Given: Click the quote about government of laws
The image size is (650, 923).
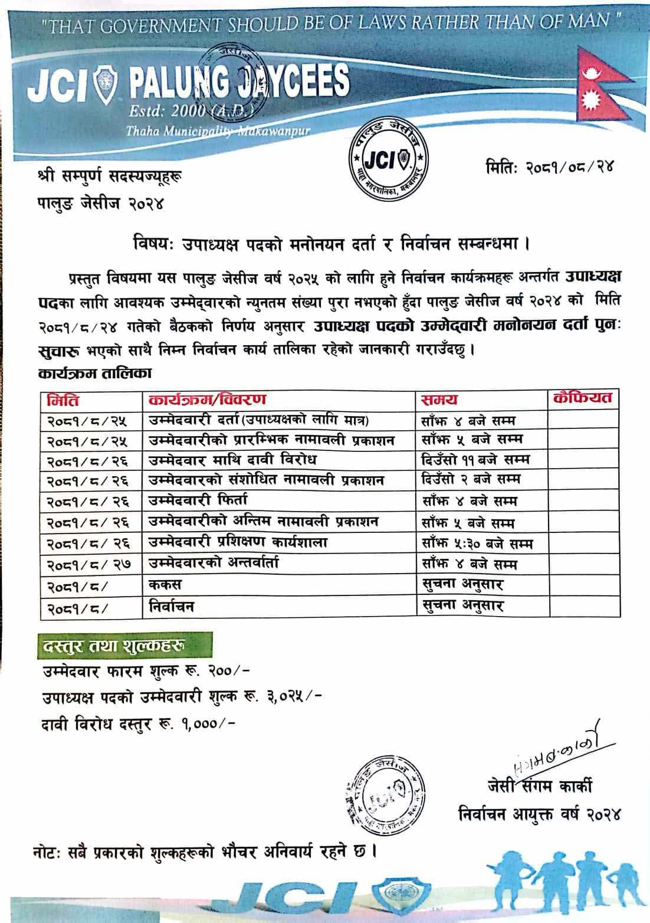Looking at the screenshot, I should tap(333, 24).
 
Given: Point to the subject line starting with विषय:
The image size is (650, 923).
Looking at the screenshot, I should tap(330, 243).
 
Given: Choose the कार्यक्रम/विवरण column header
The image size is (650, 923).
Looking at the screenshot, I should tap(207, 400).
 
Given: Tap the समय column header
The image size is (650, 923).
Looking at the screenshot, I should tap(439, 400).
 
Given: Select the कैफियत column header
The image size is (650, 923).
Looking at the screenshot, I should tap(583, 398).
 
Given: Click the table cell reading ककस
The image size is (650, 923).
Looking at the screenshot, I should tap(165, 585).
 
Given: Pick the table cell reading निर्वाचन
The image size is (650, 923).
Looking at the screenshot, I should tap(171, 605).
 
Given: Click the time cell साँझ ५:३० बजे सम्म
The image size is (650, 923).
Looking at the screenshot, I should tap(477, 543).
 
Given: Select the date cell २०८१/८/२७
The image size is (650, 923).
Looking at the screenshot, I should tap(88, 565).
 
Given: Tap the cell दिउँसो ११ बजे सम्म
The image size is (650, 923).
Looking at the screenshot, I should tap(475, 459).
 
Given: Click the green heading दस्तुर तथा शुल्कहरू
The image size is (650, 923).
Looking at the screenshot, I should tap(115, 647).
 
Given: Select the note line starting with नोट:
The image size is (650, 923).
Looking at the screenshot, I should tap(203, 852).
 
